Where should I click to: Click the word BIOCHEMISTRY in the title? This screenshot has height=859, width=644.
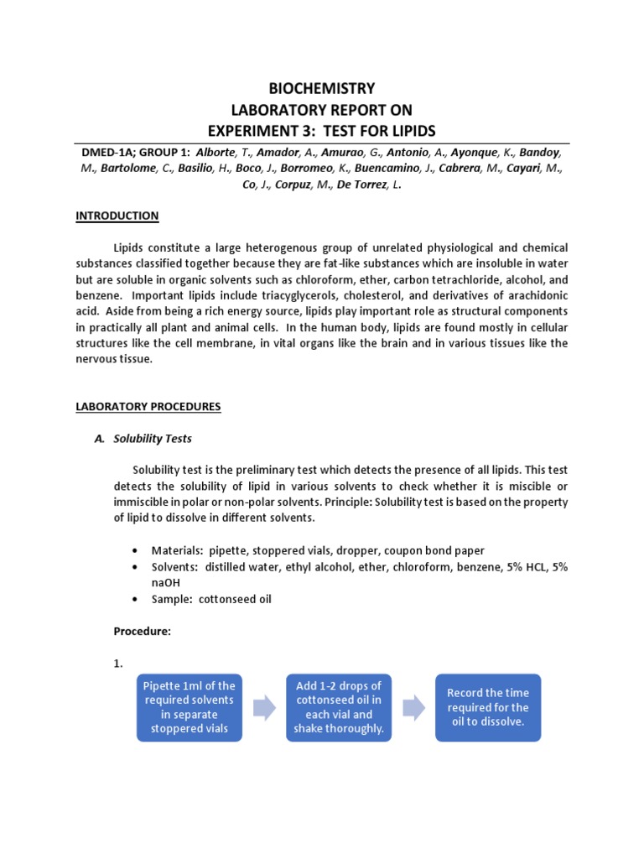(x=321, y=89)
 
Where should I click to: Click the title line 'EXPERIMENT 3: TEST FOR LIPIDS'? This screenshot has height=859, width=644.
(x=321, y=130)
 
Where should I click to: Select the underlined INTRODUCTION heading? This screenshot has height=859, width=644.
(x=117, y=216)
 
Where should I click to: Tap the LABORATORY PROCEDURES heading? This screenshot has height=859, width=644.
(x=148, y=407)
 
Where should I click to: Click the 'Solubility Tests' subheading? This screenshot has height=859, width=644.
(x=153, y=439)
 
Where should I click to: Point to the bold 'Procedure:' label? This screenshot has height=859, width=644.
(x=142, y=632)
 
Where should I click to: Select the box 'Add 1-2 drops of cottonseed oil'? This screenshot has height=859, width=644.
(x=339, y=707)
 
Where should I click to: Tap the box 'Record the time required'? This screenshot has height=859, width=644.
(x=488, y=707)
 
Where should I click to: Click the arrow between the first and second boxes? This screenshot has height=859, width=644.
(x=264, y=708)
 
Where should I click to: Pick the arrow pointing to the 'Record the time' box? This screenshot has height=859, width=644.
(x=413, y=708)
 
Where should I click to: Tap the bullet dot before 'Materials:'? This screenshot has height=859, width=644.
(x=136, y=550)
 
